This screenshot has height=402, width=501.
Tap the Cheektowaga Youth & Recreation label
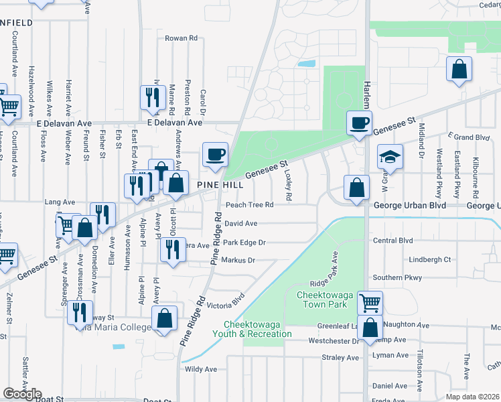pyautogui.click(x=252, y=328)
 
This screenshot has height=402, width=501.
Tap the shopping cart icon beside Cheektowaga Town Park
pyautogui.click(x=370, y=302)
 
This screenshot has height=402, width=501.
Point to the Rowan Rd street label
pyautogui.click(x=181, y=38)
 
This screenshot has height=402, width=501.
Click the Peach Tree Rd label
pyautogui.click(x=250, y=204)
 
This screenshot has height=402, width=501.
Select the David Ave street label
pyautogui.click(x=241, y=223)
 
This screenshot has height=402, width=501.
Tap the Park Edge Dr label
pyautogui.click(x=244, y=243)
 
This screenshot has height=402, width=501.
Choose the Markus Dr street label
pyautogui.click(x=238, y=260)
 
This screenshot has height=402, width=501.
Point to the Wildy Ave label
pyautogui.click(x=201, y=368)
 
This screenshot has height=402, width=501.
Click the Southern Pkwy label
pyautogui.click(x=398, y=277)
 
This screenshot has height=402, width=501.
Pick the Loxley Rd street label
pyautogui.click(x=288, y=185)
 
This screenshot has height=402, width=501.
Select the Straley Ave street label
pyautogui.click(x=340, y=358)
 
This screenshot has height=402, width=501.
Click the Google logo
pyautogui.click(x=22, y=394)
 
